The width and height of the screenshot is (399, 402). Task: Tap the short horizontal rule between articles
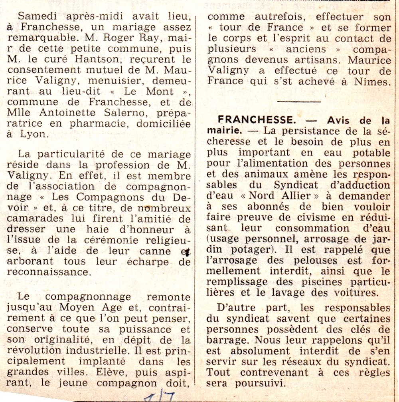[x=299, y=101]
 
